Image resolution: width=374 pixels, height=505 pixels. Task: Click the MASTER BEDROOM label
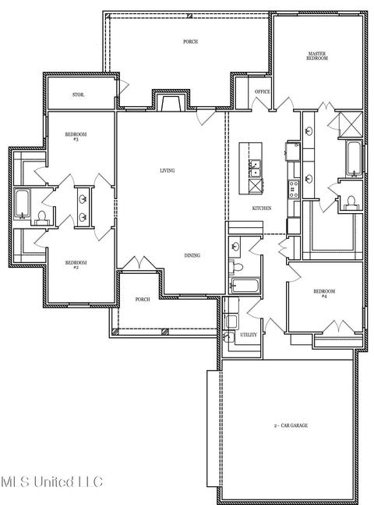(317, 56)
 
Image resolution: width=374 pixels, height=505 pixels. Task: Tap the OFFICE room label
(263, 92)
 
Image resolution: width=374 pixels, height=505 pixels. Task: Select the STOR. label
(78, 95)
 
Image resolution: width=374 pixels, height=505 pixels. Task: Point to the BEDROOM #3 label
(76, 137)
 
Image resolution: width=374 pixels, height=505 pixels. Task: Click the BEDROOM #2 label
(76, 265)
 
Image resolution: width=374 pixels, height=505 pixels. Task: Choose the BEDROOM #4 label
(324, 293)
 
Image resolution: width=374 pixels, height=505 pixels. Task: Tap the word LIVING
(168, 170)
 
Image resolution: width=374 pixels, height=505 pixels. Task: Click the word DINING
(192, 255)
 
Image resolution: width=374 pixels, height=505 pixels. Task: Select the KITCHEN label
(262, 208)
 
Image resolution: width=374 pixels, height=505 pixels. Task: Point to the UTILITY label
(249, 335)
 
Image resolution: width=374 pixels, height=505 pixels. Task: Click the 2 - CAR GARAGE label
(291, 425)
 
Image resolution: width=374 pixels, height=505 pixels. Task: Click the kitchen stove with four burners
(293, 189)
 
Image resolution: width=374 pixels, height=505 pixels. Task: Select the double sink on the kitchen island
(255, 169)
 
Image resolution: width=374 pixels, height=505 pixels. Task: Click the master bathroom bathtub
(354, 158)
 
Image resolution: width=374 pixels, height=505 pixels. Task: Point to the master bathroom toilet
(350, 202)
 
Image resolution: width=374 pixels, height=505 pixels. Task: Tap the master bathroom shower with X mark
(351, 125)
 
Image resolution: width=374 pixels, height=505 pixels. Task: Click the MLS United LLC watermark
(51, 482)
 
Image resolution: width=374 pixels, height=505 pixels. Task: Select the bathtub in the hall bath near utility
(245, 286)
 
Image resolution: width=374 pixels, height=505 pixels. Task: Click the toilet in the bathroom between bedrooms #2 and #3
(41, 218)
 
